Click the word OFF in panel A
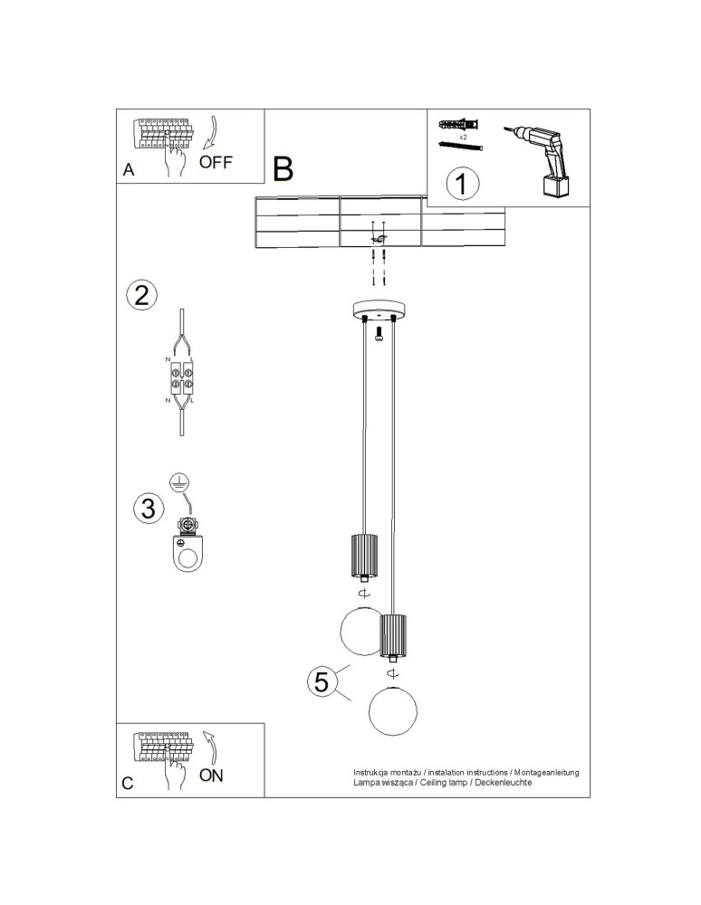pos(215,162)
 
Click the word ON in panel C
pos(211,776)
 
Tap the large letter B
pos(283,169)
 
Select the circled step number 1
pos(463,184)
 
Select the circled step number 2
pos(141,295)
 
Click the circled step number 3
pos(149,509)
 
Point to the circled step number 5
pos(321,681)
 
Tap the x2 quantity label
pos(463,138)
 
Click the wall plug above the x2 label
pos(459,125)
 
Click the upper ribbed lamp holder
pos(364,556)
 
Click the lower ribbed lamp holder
pos(393,635)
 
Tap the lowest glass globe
pos(393,711)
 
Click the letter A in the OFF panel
pos(129,170)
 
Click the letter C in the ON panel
pos(128,783)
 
